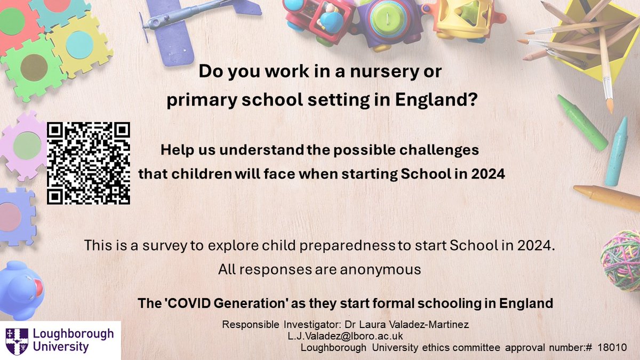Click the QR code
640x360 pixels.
(x=89, y=163)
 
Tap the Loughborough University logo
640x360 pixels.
(x=60, y=340)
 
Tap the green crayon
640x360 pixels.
(x=582, y=122)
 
